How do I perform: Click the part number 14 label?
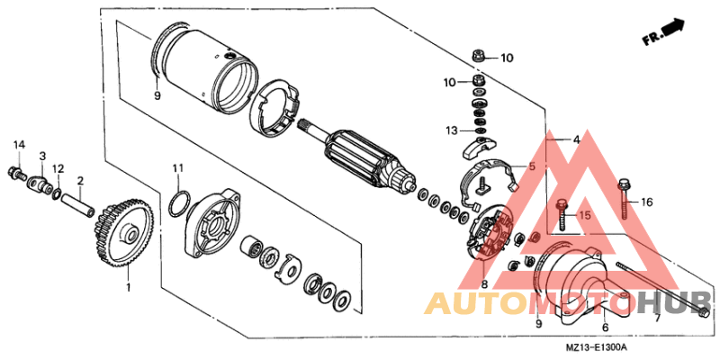(19, 145)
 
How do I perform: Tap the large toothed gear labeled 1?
(122, 235)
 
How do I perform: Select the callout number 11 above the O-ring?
(178, 167)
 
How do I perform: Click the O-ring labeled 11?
(178, 204)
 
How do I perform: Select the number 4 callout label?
(573, 140)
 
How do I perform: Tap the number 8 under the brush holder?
(484, 285)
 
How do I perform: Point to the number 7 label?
(657, 318)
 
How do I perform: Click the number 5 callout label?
(531, 166)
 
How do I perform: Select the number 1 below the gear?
(128, 288)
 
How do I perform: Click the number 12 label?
(58, 168)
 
